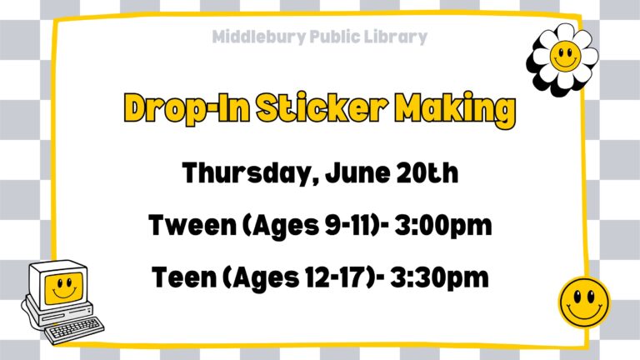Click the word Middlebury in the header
(259, 37)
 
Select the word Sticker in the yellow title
(322, 107)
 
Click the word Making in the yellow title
(455, 110)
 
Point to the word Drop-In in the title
(187, 109)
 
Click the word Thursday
(250, 173)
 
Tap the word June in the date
(357, 173)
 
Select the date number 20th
(427, 173)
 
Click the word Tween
(192, 225)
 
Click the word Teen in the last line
(184, 277)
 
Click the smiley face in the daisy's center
(565, 56)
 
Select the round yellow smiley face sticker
(584, 302)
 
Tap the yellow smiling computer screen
(63, 288)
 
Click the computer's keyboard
(74, 329)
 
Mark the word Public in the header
(335, 37)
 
